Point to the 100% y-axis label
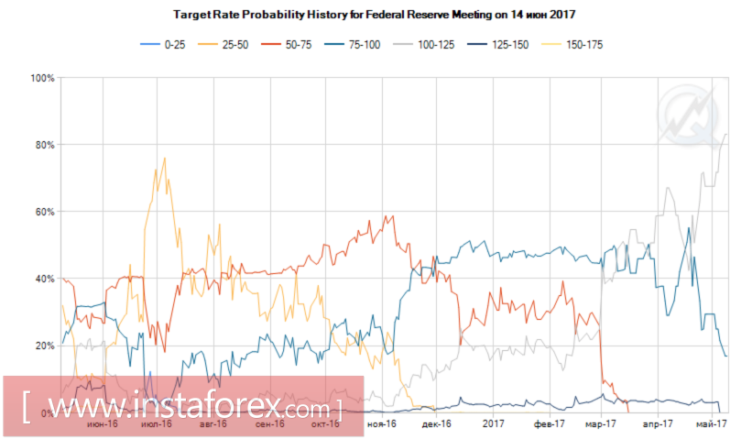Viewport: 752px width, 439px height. (42, 79)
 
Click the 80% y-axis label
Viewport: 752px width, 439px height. (45, 145)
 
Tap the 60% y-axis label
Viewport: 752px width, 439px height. (45, 212)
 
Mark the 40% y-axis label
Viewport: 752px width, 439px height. (45, 279)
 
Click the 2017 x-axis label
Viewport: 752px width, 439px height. (495, 424)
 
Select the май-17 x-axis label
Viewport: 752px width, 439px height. (712, 424)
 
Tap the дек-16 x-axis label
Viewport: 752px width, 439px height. (436, 424)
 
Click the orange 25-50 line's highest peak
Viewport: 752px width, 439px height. (164, 159)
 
